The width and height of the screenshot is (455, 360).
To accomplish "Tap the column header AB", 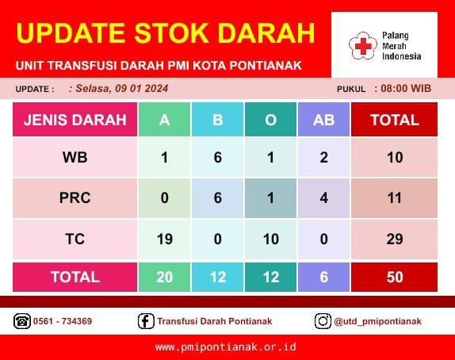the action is click(x=324, y=119).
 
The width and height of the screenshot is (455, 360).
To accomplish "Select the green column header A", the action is click(x=165, y=119).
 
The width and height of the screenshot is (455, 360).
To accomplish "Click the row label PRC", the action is click(x=75, y=198).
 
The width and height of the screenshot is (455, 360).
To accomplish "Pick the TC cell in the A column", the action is click(x=165, y=239).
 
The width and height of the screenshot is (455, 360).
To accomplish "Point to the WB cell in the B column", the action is click(x=218, y=157).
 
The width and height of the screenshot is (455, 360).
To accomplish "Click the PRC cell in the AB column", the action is click(x=324, y=198).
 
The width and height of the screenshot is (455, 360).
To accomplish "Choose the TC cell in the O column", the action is click(x=271, y=239).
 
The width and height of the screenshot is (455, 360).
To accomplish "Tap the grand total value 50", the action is click(x=394, y=277).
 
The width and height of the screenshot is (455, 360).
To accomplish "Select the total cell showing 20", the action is click(x=165, y=277).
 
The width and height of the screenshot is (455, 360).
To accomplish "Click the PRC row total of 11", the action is click(x=394, y=198).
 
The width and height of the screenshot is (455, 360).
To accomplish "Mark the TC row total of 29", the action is click(x=394, y=239).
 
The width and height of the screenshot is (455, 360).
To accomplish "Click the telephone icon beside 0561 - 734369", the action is click(x=22, y=321).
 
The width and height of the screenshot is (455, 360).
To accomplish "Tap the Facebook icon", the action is click(x=146, y=321).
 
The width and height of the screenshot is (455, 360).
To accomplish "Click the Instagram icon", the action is click(x=323, y=321).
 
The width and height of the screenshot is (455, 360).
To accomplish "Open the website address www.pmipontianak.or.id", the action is click(x=226, y=347).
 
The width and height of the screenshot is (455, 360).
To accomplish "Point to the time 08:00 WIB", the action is click(x=406, y=88).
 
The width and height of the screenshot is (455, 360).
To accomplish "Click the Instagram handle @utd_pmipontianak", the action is click(x=377, y=321).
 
